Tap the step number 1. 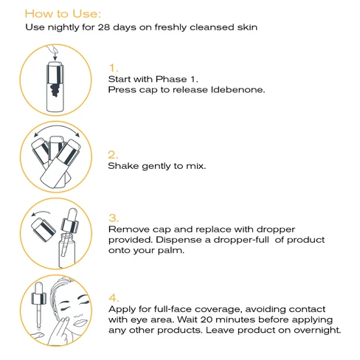point(113,68)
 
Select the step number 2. point(113,154)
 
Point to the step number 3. point(113,218)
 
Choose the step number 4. point(113,297)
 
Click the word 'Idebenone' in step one point(236,90)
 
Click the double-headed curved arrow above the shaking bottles point(58,133)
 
